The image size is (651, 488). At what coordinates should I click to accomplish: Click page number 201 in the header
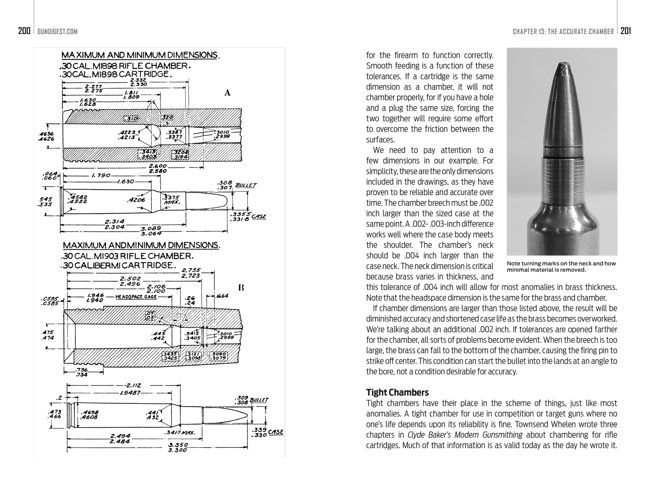(626, 31)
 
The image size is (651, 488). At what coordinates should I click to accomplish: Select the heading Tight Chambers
(397, 392)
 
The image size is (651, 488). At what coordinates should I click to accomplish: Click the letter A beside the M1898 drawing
(227, 93)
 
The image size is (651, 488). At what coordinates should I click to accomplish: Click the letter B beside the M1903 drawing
(241, 287)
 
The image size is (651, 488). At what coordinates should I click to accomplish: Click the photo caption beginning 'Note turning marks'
(561, 267)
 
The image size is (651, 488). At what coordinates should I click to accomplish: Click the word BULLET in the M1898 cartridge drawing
(246, 185)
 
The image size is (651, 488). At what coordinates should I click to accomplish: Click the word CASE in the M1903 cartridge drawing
(276, 432)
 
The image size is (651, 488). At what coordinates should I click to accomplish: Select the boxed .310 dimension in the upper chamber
(132, 119)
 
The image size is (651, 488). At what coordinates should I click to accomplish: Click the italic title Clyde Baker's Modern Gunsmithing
(465, 435)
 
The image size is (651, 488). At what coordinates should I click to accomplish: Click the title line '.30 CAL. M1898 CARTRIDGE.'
(116, 75)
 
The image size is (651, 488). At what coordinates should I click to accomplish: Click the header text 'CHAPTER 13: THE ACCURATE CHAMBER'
(563, 32)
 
